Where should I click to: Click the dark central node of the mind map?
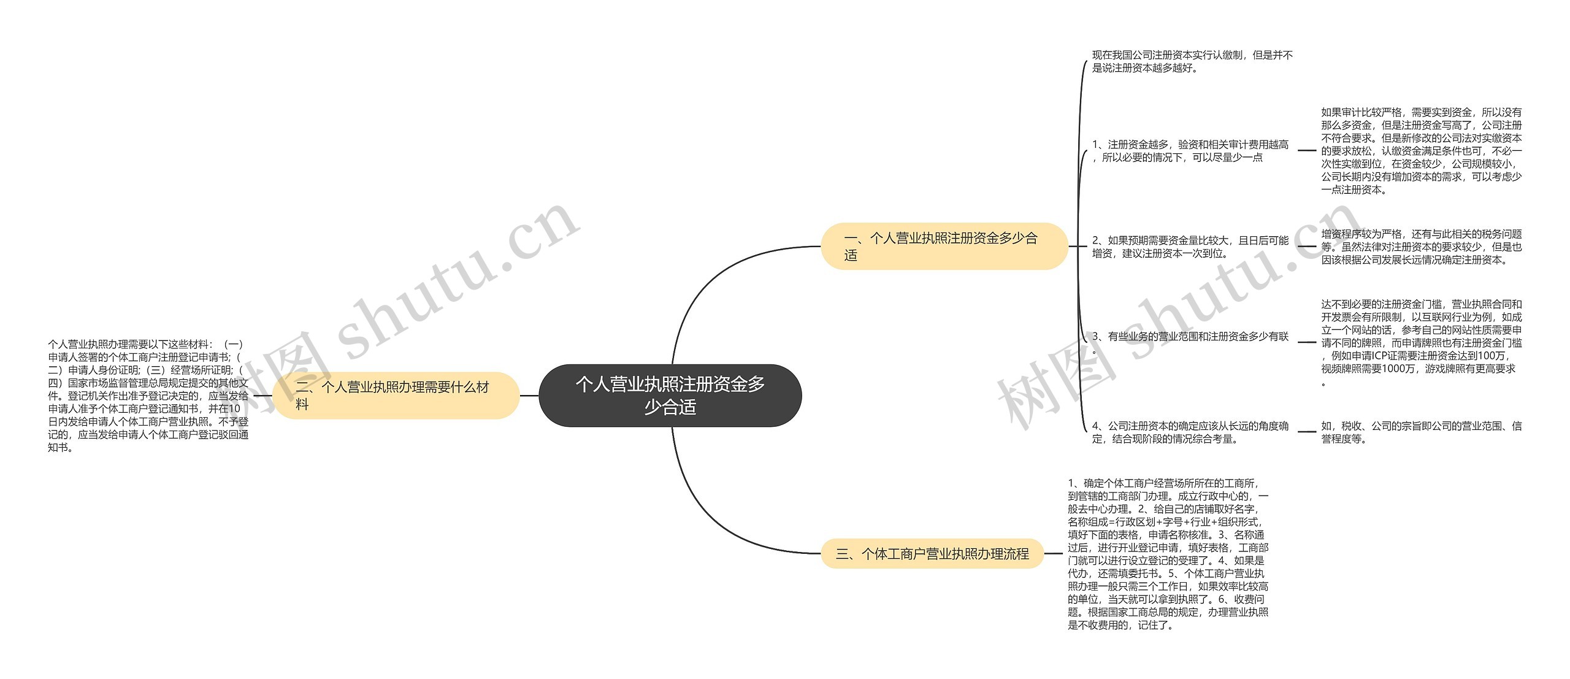[x=670, y=396]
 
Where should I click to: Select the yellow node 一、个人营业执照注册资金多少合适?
[x=944, y=246]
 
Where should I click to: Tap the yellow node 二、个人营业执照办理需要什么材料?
[x=396, y=396]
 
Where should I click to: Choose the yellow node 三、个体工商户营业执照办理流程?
[x=932, y=554]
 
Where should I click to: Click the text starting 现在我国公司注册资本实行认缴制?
[x=1192, y=61]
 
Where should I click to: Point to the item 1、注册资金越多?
[x=1190, y=151]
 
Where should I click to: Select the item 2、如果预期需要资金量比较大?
[x=1190, y=247]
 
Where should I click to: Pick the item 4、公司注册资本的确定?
[x=1190, y=432]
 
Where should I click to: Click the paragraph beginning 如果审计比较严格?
[x=1421, y=151]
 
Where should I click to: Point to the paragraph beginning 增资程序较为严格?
[x=1421, y=247]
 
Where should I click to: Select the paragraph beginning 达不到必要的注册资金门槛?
[x=1421, y=343]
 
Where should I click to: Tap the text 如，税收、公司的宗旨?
[x=1421, y=432]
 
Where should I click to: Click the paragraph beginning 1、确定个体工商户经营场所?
[x=1168, y=554]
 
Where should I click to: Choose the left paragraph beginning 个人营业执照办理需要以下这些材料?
[x=148, y=396]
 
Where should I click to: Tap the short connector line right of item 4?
[x=1306, y=432]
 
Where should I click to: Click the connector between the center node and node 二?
[x=529, y=396]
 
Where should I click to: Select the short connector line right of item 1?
[x=1306, y=150]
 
